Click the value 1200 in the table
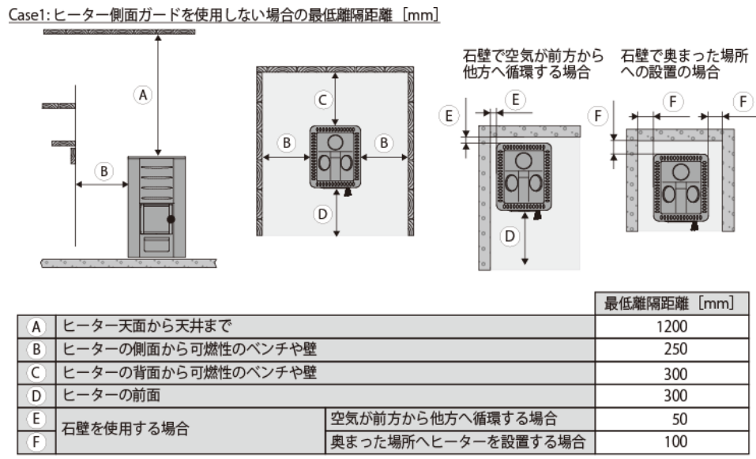pyautogui.click(x=671, y=325)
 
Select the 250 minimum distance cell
pyautogui.click(x=671, y=348)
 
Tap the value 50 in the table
pyautogui.click(x=671, y=419)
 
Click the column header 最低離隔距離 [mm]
pyautogui.click(x=671, y=303)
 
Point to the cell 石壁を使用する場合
pyautogui.click(x=126, y=430)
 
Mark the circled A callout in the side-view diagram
pyautogui.click(x=143, y=95)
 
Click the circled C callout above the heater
pyautogui.click(x=322, y=100)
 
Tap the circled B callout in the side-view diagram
pyautogui.click(x=102, y=169)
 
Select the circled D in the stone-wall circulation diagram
pyautogui.click(x=510, y=235)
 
